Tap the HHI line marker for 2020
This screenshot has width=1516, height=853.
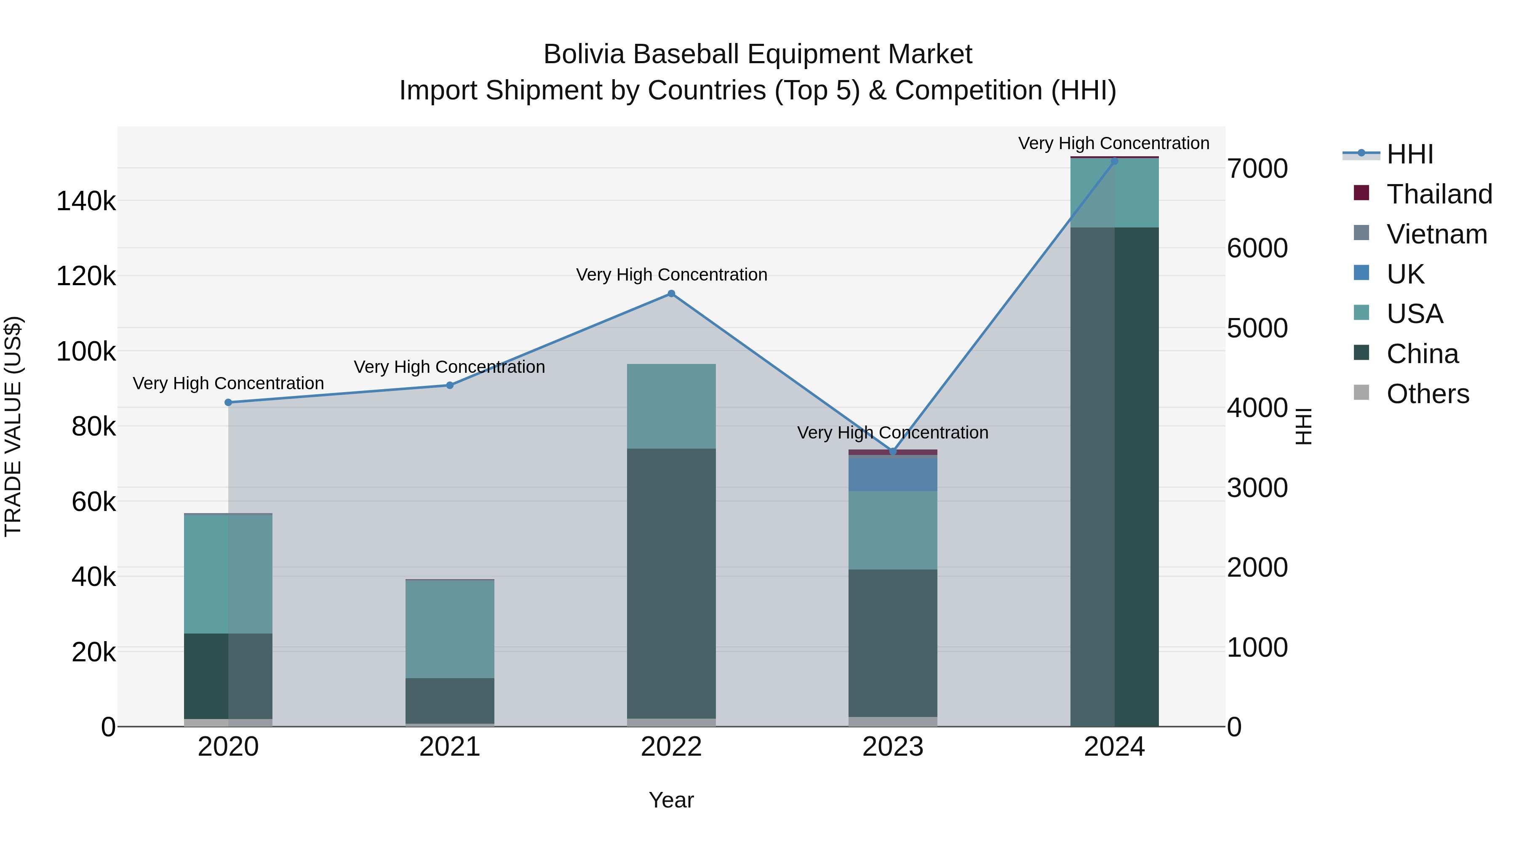pos(228,403)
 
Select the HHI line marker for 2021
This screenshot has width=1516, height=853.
pos(450,385)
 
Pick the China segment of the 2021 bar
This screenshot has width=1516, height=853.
pos(450,701)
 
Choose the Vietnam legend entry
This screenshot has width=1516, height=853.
pos(1436,234)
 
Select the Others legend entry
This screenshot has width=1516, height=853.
pos(1427,394)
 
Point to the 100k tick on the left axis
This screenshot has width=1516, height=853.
pos(86,352)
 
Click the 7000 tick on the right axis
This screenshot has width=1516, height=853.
pos(1257,169)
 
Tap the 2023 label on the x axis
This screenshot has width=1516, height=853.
pos(892,747)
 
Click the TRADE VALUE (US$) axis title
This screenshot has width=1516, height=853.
pos(13,426)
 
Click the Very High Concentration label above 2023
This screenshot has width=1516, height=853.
pos(892,433)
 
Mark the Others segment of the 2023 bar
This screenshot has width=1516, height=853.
pos(892,722)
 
